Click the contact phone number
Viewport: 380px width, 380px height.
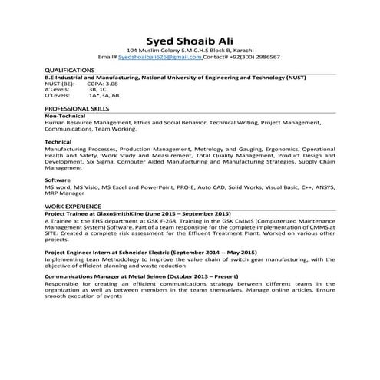pos(255,58)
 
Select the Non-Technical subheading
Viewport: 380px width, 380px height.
pos(66,116)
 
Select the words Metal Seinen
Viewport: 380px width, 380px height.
pos(141,274)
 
